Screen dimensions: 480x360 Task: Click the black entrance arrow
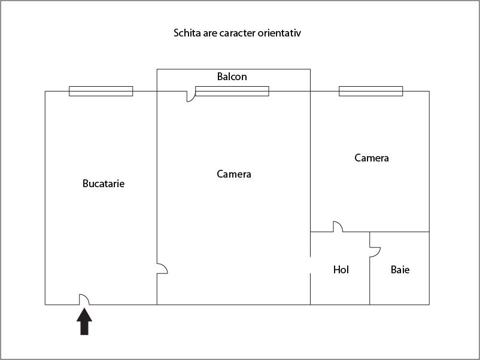point(84,322)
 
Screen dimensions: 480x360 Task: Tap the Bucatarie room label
point(104,184)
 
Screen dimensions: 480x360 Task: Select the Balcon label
point(232,77)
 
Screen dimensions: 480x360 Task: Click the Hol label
point(341,270)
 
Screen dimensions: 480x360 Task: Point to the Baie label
point(400,270)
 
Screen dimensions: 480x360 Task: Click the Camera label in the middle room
point(234,174)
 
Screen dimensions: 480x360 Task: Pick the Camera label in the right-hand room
point(372,158)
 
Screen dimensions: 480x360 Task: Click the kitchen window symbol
point(101,91)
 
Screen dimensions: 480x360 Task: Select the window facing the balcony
point(232,91)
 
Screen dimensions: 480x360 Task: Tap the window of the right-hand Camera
point(370,91)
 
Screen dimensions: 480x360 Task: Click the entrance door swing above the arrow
point(84,300)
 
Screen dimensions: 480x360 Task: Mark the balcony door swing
point(191,96)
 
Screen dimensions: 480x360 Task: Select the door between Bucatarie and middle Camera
point(162,269)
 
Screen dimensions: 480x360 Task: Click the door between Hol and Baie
point(375,252)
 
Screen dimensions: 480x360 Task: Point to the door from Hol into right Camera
point(338,227)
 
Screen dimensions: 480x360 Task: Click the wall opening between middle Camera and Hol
point(311,265)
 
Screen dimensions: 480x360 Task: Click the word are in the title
point(210,33)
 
